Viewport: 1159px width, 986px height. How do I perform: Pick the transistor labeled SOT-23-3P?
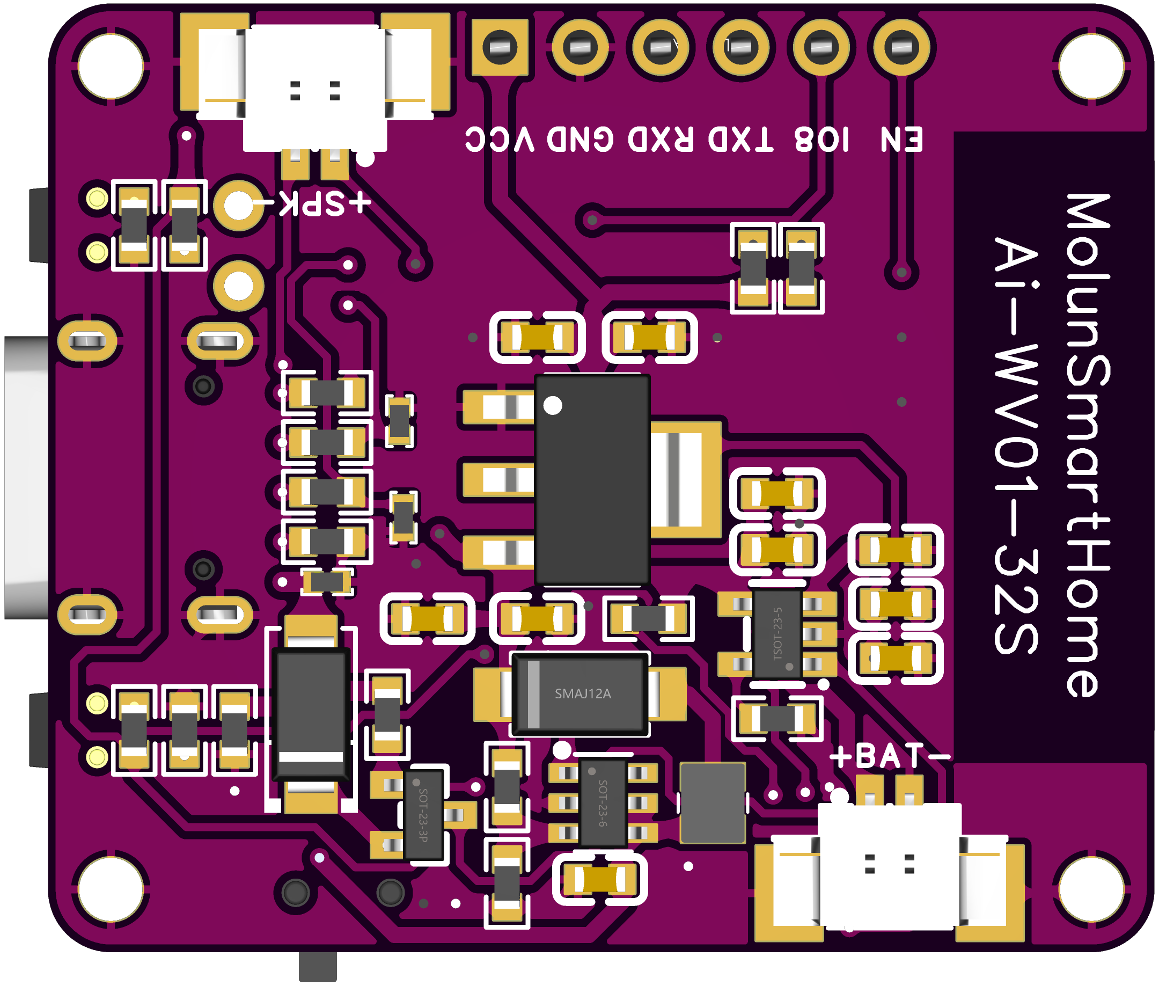[423, 814]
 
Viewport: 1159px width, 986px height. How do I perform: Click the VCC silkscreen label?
[500, 139]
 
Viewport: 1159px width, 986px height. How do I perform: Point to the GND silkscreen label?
[580, 139]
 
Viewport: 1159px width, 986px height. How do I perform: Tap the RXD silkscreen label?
[661, 139]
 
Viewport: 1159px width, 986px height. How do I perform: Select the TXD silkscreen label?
[741, 139]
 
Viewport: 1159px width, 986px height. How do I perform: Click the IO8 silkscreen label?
[821, 139]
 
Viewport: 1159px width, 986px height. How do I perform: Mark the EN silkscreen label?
[901, 139]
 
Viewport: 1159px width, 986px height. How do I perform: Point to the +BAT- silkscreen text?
[889, 757]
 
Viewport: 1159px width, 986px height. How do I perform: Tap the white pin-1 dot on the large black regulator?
[553, 405]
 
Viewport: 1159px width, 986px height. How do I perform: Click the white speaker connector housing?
[314, 86]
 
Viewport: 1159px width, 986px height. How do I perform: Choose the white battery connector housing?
[889, 866]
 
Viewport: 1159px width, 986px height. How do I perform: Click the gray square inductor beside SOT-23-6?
[713, 802]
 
